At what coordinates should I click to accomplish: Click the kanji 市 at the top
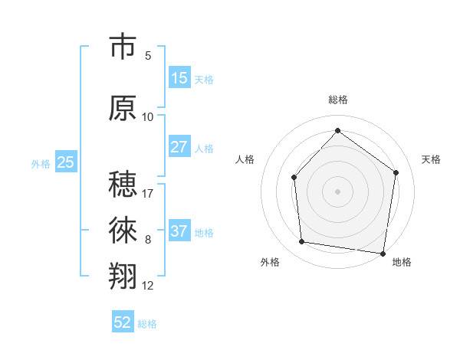[x=123, y=47]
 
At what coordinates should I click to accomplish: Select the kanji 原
[x=123, y=108]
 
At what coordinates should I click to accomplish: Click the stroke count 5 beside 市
[x=148, y=56]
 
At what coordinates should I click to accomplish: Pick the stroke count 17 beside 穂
[x=148, y=193]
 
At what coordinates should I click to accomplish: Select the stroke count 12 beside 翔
[x=148, y=286]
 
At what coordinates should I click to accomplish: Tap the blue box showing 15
[x=179, y=78]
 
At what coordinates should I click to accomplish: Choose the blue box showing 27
[x=179, y=147]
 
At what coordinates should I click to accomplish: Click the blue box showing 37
[x=179, y=231]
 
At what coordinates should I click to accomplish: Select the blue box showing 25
[x=66, y=162]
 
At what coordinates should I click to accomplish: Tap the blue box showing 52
[x=123, y=322]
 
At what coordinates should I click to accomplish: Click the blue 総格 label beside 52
[x=147, y=324]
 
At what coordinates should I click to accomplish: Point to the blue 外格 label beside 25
[x=41, y=163]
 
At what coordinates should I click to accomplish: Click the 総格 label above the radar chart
[x=338, y=100]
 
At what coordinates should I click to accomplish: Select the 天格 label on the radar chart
[x=431, y=159]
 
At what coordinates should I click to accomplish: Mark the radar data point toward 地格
[x=383, y=253]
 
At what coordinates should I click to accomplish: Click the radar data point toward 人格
[x=294, y=178]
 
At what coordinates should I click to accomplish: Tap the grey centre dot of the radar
[x=337, y=191]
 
